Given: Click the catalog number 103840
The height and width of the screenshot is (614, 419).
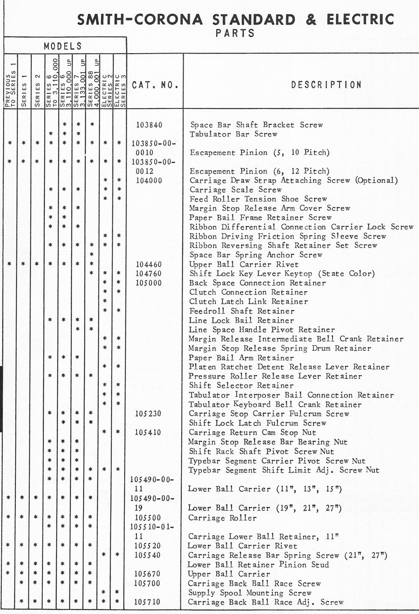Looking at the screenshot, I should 149,125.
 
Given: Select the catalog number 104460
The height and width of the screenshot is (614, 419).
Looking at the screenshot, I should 149,264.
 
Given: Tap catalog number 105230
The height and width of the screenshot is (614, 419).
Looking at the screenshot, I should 148,414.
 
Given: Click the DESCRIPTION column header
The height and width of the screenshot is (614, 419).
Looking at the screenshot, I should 326,85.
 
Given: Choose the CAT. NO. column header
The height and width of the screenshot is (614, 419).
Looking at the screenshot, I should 155,85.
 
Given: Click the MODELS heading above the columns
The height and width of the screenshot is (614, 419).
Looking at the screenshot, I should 63,46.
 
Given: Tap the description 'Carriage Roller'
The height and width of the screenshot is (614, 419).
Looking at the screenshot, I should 222,518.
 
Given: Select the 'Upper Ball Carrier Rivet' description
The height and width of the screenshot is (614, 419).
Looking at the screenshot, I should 244,264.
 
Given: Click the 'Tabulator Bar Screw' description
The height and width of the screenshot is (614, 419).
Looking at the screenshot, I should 233,134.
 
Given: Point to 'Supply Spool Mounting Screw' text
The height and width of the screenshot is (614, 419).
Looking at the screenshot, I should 249,593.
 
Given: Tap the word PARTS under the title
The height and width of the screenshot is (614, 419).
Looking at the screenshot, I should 235,33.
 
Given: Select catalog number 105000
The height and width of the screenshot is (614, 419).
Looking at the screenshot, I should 149,283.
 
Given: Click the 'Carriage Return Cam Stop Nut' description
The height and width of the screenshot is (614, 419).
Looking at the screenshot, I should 252,432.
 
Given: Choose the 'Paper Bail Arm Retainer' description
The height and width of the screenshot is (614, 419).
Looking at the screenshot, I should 241,358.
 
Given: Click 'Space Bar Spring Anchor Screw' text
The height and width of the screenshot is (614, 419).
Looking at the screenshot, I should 256,255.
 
